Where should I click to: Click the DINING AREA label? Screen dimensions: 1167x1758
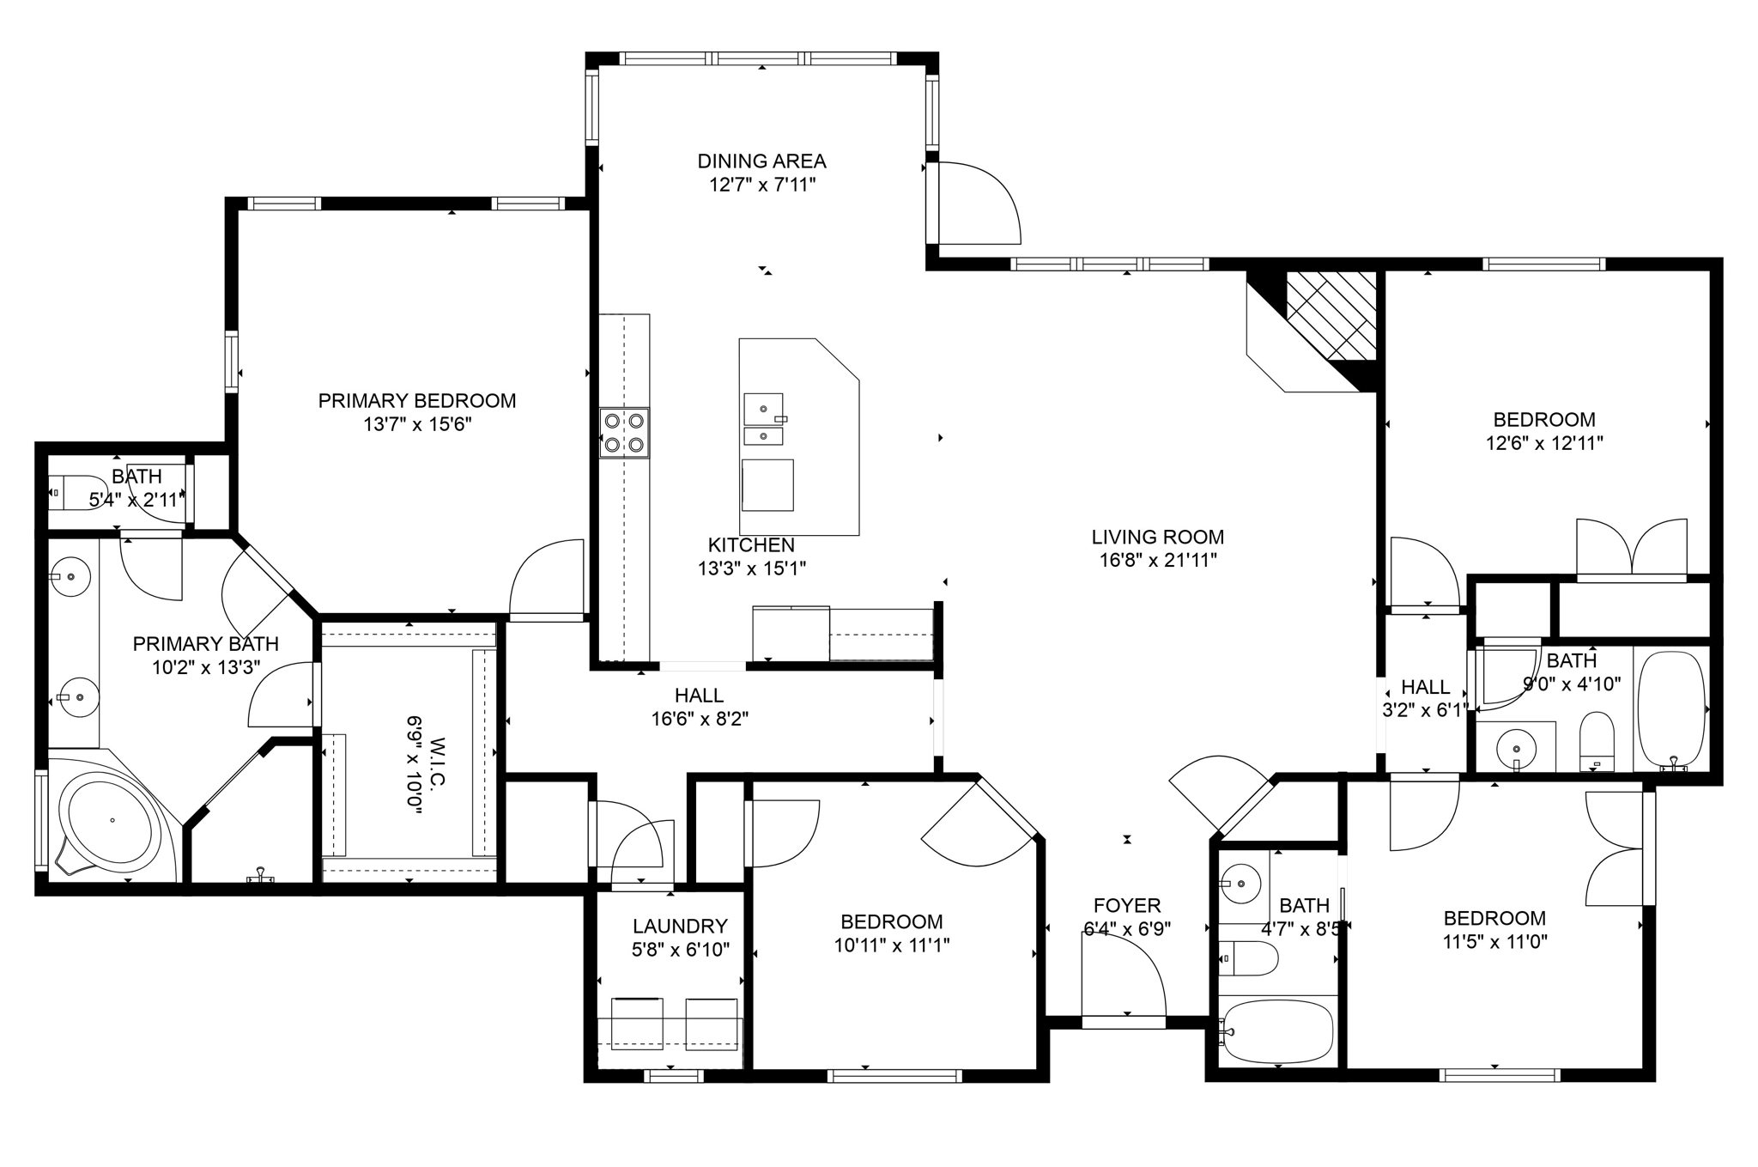pyautogui.click(x=761, y=161)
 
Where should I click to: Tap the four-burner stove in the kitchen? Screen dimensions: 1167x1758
pyautogui.click(x=624, y=433)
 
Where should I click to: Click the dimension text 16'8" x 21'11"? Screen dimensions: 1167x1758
pyautogui.click(x=1158, y=561)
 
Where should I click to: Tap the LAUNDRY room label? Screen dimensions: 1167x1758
pyautogui.click(x=680, y=927)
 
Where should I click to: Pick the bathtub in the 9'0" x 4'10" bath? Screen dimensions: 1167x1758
pyautogui.click(x=1670, y=710)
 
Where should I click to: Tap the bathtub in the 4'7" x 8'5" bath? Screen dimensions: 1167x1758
pyautogui.click(x=1278, y=1031)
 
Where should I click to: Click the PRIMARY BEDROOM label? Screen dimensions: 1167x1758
pyautogui.click(x=417, y=401)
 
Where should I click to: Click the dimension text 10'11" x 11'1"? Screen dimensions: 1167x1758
pyautogui.click(x=892, y=946)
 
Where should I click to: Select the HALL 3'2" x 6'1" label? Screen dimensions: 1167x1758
pyautogui.click(x=1426, y=688)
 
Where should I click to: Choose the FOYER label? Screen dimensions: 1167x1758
pyautogui.click(x=1127, y=906)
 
